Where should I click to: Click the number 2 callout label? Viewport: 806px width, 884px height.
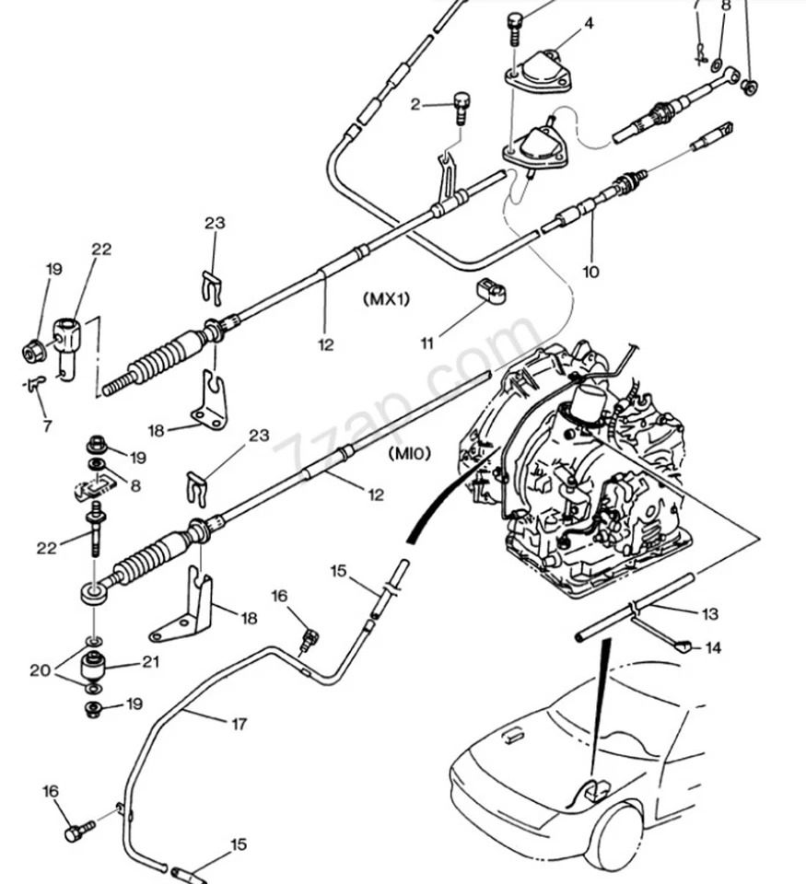coord(415,105)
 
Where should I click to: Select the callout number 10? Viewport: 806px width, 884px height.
coord(590,272)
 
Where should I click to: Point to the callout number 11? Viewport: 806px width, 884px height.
coord(427,343)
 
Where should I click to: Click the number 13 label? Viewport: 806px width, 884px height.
coord(709,614)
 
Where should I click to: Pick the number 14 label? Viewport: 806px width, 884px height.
coord(713,647)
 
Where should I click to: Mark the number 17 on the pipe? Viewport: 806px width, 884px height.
coord(239,725)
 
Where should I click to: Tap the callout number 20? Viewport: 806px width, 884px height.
coord(40,670)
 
